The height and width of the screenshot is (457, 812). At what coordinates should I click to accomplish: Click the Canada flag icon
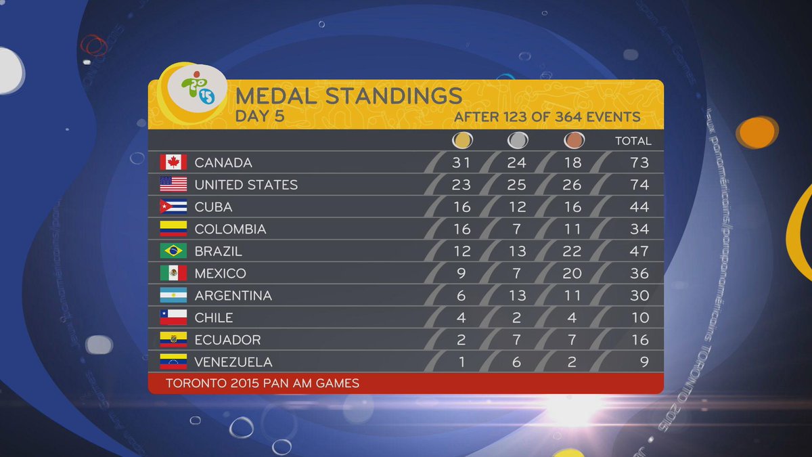point(173,162)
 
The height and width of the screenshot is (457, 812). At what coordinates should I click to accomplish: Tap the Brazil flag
point(173,251)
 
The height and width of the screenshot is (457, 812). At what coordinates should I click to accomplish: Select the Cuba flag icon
point(173,206)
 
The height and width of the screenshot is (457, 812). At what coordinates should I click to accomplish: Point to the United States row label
point(246,185)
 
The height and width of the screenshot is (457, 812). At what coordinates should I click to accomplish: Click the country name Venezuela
point(233,362)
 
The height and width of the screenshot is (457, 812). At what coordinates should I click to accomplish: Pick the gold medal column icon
point(462,141)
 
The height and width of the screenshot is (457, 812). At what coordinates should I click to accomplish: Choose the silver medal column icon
point(518,141)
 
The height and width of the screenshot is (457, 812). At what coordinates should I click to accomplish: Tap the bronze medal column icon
point(572,141)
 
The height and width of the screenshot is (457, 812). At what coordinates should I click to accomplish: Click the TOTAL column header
point(633,141)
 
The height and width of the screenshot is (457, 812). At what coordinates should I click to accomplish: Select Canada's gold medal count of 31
point(462,162)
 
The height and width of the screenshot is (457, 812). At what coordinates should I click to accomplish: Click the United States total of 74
point(639,185)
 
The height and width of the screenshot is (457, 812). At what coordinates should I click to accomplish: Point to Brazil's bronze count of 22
point(572,251)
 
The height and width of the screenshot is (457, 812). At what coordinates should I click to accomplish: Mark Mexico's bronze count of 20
point(572,274)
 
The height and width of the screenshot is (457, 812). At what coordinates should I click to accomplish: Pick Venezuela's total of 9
point(644,362)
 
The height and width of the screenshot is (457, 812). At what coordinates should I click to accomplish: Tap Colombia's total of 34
point(639,229)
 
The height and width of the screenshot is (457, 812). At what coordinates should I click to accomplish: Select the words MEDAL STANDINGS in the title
point(348,95)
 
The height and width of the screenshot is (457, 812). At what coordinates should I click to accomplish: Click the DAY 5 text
point(260,116)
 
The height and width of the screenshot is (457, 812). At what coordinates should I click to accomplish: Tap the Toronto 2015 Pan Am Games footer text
point(263,383)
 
